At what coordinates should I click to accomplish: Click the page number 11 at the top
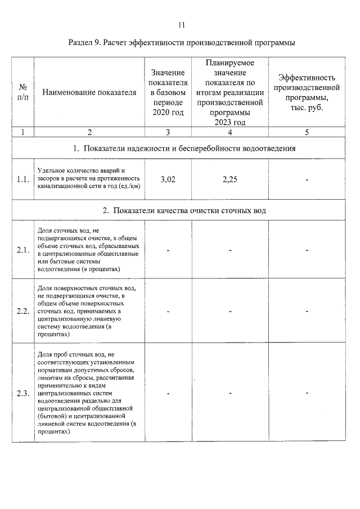[x=181, y=25]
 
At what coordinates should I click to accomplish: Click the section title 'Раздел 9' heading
[x=181, y=43]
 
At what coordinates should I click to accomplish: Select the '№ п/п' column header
[x=23, y=93]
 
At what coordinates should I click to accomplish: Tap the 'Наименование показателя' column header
[x=89, y=93]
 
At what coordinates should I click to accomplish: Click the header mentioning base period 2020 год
[x=168, y=93]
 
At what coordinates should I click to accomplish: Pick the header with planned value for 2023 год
[x=230, y=93]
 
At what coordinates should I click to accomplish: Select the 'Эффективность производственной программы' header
[x=307, y=93]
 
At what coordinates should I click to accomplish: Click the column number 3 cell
[x=168, y=133]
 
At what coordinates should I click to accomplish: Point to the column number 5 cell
[x=307, y=133]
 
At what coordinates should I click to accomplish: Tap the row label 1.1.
[x=23, y=180]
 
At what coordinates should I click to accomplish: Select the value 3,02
[x=168, y=180]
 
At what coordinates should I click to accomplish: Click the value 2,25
[x=230, y=180]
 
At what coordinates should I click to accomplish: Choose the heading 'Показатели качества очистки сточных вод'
[x=181, y=211]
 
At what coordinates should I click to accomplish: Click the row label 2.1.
[x=23, y=250]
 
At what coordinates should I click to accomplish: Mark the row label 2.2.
[x=23, y=310]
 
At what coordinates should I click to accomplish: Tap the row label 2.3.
[x=23, y=393]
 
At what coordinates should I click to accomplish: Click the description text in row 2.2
[x=87, y=310]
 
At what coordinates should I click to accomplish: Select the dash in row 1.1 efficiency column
[x=307, y=181]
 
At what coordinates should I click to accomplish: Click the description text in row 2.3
[x=87, y=393]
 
